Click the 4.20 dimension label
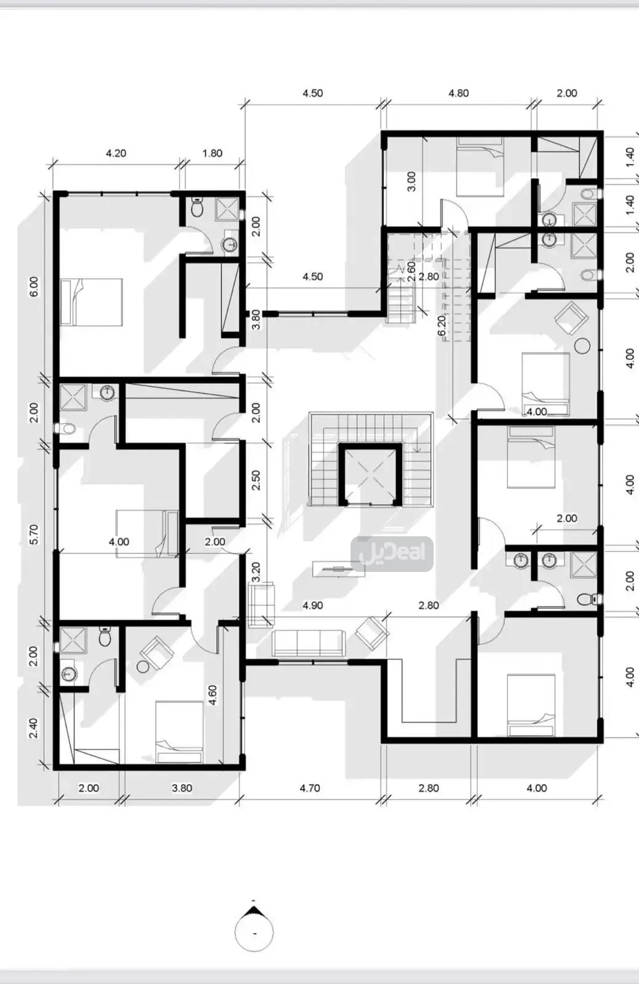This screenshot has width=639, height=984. (116, 153)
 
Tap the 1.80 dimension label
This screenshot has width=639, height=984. (212, 153)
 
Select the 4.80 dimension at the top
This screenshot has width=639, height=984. (458, 93)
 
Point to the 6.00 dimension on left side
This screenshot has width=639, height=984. (34, 287)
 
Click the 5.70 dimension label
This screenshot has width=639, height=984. (34, 534)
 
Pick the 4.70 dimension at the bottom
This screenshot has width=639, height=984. (309, 788)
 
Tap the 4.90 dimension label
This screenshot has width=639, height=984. (312, 606)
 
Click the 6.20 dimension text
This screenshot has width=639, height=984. (441, 326)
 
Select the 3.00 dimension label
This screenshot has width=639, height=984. (411, 181)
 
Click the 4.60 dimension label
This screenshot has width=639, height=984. (213, 695)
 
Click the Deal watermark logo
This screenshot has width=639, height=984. (392, 553)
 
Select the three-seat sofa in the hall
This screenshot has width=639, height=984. (309, 643)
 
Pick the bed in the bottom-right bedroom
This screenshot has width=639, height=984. (531, 705)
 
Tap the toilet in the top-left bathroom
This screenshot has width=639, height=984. (197, 208)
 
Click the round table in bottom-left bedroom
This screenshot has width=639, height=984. (143, 666)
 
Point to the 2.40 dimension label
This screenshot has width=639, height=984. (34, 728)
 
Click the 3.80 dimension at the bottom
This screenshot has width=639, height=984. (181, 788)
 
